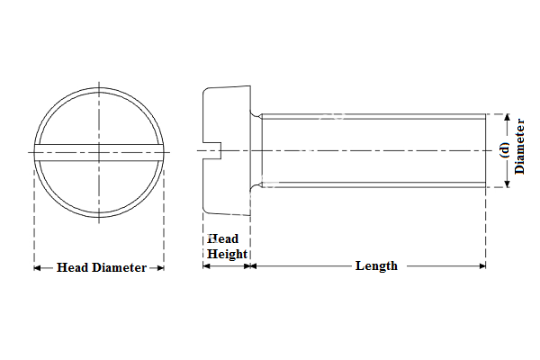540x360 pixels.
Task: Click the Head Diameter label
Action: click(101, 267)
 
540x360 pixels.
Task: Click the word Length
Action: click(376, 265)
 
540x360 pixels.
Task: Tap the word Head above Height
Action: click(223, 239)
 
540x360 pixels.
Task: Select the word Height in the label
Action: click(227, 254)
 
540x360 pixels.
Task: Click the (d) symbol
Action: click(505, 150)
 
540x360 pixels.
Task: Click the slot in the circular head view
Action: click(99, 148)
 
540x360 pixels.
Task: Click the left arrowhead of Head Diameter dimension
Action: click(38, 267)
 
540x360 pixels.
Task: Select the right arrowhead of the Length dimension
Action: click(482, 265)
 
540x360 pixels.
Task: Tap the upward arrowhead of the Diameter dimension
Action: click(506, 117)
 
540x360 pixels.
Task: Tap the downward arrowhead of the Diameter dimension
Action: click(506, 184)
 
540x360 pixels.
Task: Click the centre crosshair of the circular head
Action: click(99, 150)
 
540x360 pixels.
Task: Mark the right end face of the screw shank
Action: click(486, 150)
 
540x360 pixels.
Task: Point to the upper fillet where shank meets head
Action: click(257, 114)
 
